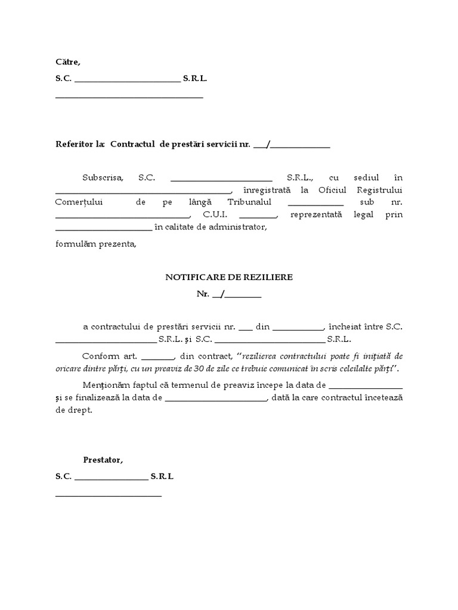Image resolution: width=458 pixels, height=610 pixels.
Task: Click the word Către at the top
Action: coord(67,62)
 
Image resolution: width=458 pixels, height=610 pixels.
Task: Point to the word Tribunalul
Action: coord(247,202)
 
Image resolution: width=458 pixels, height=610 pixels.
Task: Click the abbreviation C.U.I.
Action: coord(215,214)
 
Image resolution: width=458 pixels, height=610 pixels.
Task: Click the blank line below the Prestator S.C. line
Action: coord(109,495)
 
